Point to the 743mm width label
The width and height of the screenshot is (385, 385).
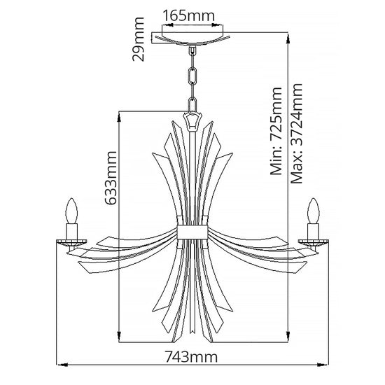[190, 358]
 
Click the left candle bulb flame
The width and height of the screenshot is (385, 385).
[70, 210]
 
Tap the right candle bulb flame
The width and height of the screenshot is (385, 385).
[313, 210]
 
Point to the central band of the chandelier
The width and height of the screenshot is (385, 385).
[192, 232]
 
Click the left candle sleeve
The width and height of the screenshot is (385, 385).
[70, 231]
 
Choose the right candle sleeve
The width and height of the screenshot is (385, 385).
[313, 231]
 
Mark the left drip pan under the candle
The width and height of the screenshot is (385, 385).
[70, 242]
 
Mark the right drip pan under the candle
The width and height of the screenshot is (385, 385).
[313, 242]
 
